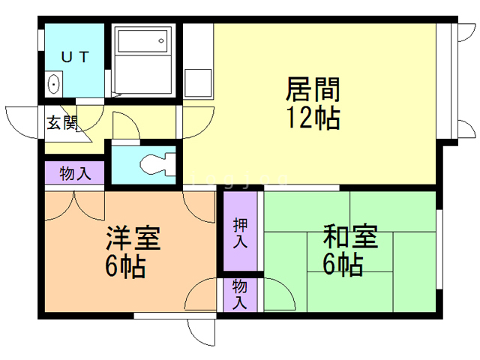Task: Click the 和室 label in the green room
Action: coord(350,238)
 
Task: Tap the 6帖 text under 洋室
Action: coord(124,266)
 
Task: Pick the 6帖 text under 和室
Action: coord(343,265)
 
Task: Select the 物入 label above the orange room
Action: coord(75,174)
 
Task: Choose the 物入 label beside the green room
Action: coord(240,295)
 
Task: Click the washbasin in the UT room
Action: coord(54,83)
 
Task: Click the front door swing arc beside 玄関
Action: coord(21,120)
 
